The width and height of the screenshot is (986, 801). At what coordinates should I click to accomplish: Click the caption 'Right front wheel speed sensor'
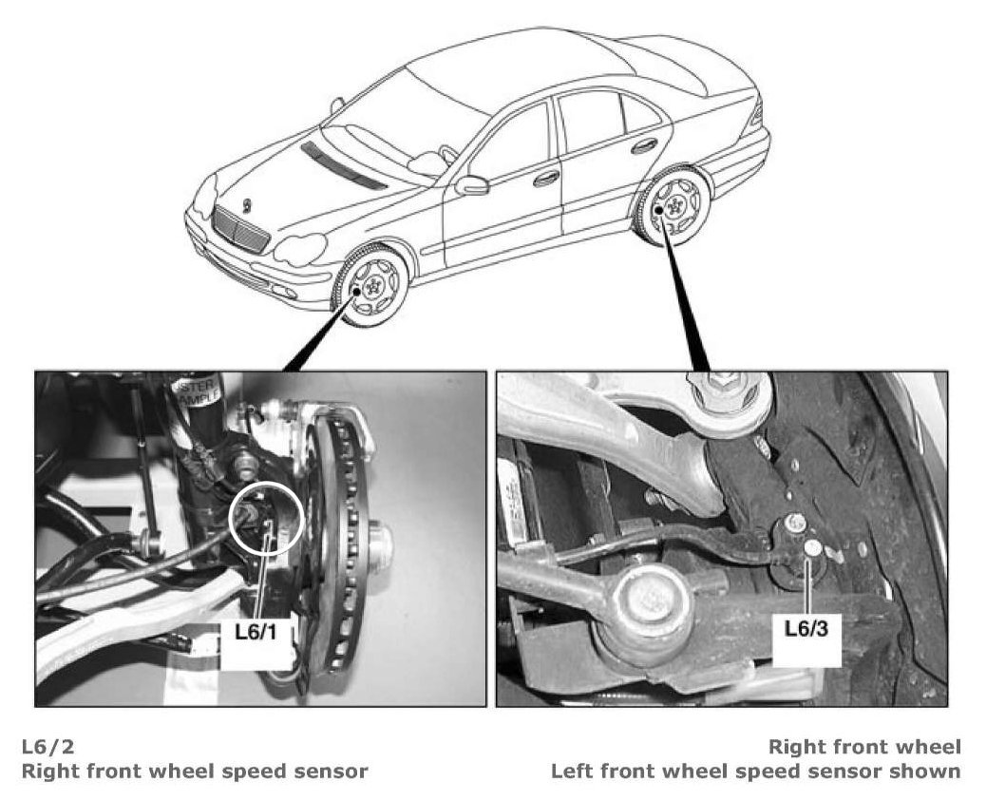[194, 771]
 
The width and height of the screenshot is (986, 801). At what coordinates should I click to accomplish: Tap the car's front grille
[239, 229]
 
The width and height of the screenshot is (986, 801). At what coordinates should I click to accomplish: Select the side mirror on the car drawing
[470, 184]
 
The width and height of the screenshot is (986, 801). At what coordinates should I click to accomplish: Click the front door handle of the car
[546, 178]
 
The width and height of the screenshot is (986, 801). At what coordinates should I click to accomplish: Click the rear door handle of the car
[645, 145]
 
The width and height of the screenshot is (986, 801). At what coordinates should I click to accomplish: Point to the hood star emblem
[246, 204]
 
